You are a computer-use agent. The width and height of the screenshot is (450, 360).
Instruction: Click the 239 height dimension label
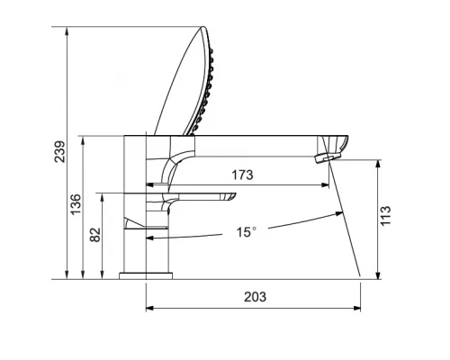tap(59, 151)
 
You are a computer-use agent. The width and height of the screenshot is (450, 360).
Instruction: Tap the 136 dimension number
tap(76, 204)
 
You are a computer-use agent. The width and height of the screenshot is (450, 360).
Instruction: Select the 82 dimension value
tap(95, 235)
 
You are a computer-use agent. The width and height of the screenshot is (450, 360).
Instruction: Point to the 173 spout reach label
tap(242, 175)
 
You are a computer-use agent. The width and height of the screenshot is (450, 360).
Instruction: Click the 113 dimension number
tap(386, 216)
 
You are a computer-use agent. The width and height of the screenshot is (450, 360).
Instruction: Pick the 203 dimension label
tap(255, 297)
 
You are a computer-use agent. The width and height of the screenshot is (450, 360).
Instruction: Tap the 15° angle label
tap(247, 232)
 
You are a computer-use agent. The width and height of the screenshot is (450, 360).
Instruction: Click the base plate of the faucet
tap(146, 276)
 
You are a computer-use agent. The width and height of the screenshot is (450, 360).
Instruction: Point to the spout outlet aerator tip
tap(328, 157)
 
